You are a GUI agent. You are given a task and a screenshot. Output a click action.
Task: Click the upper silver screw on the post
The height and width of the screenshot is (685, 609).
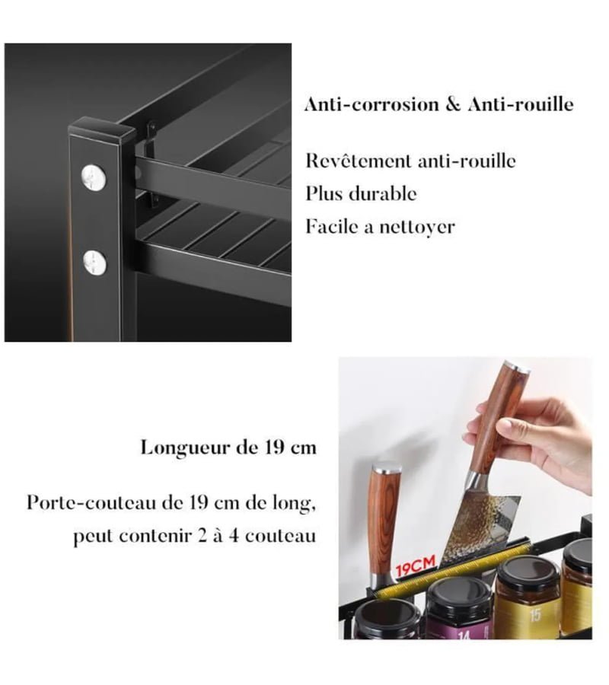(x=94, y=177)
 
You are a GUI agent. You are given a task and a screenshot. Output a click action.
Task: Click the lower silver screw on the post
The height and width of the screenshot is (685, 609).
(x=95, y=263)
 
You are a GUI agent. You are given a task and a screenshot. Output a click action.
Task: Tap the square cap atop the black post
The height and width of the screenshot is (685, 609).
(x=101, y=130)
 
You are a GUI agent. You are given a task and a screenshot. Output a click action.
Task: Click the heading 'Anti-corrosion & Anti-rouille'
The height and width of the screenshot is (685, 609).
(x=439, y=105)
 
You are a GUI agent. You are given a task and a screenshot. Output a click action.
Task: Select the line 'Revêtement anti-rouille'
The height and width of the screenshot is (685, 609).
(x=410, y=161)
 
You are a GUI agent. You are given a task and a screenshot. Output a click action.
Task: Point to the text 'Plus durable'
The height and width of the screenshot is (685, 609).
(x=361, y=193)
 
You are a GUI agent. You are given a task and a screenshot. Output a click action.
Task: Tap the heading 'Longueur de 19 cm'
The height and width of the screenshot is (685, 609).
(x=228, y=448)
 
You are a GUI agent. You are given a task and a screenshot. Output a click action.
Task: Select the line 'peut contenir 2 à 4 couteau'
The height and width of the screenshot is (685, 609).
(x=194, y=536)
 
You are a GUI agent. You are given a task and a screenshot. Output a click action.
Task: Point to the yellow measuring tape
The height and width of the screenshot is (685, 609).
(x=452, y=569)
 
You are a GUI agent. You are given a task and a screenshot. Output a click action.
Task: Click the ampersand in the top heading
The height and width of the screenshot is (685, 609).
(x=453, y=105)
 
